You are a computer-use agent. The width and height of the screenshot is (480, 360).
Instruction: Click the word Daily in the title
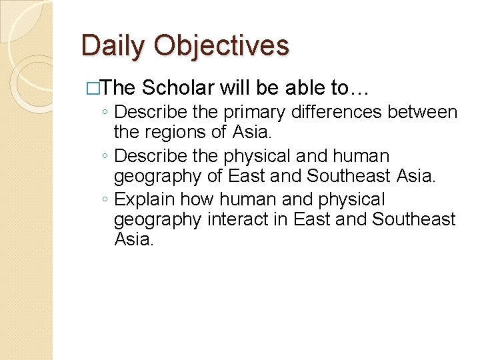[113, 47]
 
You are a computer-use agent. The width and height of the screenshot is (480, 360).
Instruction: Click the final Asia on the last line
[133, 239]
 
